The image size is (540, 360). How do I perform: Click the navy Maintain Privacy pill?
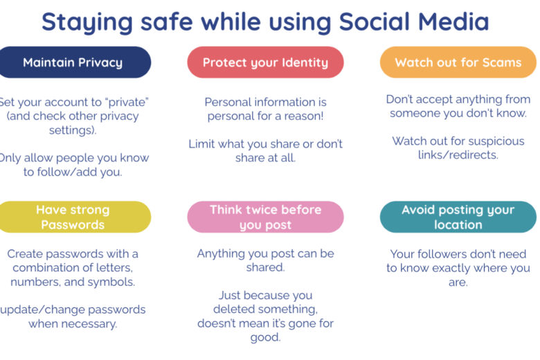(x=73, y=62)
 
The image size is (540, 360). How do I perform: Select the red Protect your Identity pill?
(x=266, y=62)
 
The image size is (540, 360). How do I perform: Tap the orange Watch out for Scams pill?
(x=458, y=62)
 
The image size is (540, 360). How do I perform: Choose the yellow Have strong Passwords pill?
(x=73, y=217)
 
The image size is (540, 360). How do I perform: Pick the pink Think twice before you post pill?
(x=266, y=217)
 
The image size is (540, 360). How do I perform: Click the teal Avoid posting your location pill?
(x=458, y=217)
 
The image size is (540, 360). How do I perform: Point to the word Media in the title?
(x=453, y=21)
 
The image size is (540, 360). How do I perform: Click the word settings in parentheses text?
(x=71, y=130)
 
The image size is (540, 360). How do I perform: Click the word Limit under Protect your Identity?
(x=201, y=144)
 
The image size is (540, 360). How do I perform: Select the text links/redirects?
(x=458, y=155)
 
